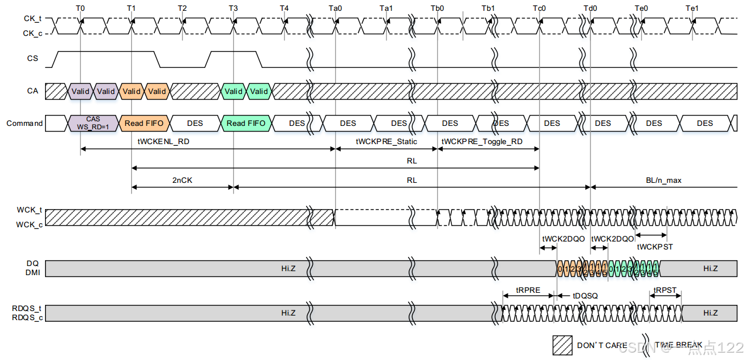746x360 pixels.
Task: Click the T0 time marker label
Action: click(80, 8)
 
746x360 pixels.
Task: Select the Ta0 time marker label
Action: click(335, 8)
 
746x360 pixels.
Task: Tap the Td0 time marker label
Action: click(590, 8)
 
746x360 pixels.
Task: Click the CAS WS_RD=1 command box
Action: click(93, 123)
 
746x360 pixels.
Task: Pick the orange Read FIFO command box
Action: click(144, 123)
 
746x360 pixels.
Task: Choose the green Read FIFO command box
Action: click(246, 123)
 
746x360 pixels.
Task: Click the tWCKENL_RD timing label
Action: click(163, 141)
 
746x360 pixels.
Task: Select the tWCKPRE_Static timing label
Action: click(386, 141)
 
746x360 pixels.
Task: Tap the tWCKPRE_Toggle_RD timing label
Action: click(482, 141)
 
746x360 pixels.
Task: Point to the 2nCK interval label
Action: click(182, 180)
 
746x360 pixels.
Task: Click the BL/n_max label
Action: click(664, 180)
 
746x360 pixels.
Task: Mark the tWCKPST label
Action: click(654, 247)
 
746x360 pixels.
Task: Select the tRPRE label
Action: click(528, 290)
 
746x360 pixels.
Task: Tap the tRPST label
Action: click(665, 290)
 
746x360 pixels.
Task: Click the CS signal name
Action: click(33, 58)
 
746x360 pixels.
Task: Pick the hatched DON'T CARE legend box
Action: click(562, 345)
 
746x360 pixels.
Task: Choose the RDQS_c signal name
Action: click(27, 317)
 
